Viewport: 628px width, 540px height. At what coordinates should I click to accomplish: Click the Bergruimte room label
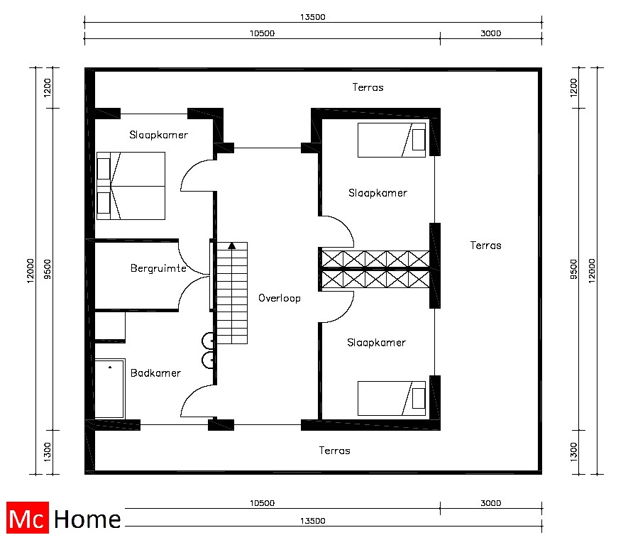pyautogui.click(x=158, y=268)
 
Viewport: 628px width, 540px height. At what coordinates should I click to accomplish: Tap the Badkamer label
pyautogui.click(x=155, y=373)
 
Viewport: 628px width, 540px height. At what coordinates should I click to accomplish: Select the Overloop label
pyautogui.click(x=279, y=298)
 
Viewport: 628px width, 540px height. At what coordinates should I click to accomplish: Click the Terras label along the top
pyautogui.click(x=368, y=87)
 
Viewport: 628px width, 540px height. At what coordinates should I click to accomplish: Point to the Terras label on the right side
pyautogui.click(x=485, y=245)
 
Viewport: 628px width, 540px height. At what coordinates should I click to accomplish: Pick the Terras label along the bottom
pyautogui.click(x=334, y=451)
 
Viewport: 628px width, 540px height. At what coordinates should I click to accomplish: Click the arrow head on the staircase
pyautogui.click(x=231, y=246)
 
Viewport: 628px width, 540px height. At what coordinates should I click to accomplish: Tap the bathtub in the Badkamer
pyautogui.click(x=109, y=389)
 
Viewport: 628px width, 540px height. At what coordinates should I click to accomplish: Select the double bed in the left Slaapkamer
pyautogui.click(x=131, y=186)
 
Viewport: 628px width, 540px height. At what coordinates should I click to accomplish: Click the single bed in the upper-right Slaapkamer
pyautogui.click(x=391, y=140)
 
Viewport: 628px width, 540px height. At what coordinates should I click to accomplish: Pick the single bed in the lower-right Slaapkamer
pyautogui.click(x=391, y=398)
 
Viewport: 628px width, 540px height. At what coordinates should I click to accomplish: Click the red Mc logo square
pyautogui.click(x=28, y=517)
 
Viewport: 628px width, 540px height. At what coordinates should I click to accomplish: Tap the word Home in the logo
pyautogui.click(x=87, y=519)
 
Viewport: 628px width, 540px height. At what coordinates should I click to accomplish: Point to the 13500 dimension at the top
pyautogui.click(x=313, y=17)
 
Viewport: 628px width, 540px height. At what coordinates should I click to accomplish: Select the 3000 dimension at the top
pyautogui.click(x=490, y=33)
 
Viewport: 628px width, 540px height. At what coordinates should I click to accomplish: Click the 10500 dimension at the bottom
pyautogui.click(x=263, y=503)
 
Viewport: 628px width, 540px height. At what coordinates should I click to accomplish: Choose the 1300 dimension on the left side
pyautogui.click(x=48, y=452)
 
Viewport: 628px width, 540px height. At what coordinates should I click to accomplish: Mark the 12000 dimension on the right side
pyautogui.click(x=592, y=271)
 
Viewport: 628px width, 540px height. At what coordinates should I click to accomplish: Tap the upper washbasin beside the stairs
pyautogui.click(x=207, y=341)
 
